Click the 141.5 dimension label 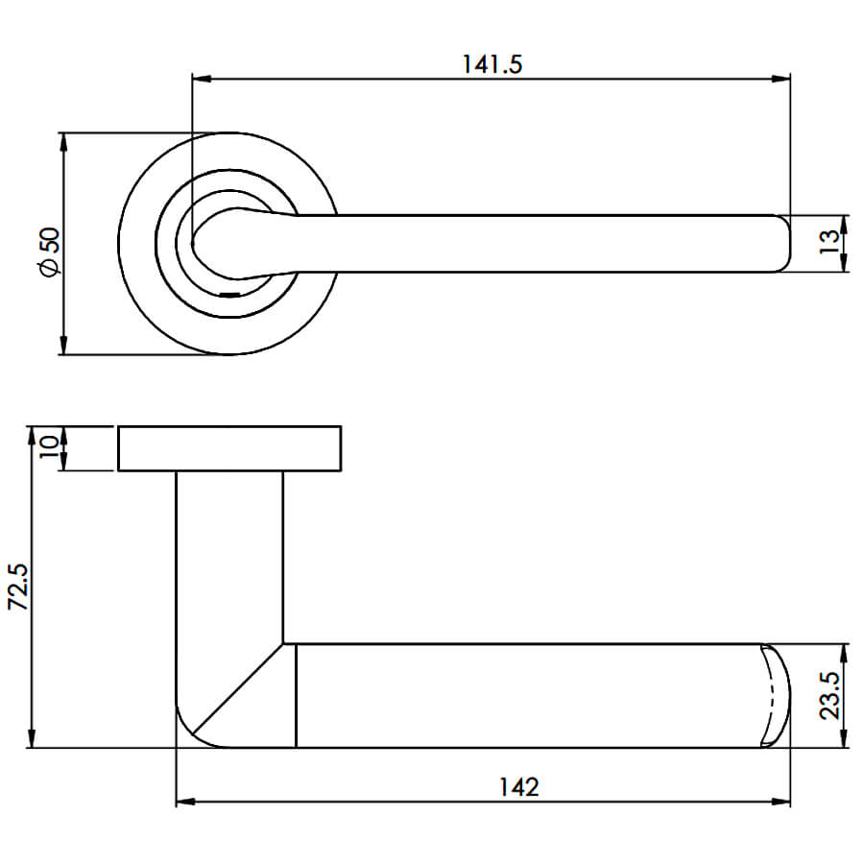point(492,64)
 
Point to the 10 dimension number point(49,447)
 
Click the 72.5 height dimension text point(20,587)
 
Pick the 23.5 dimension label point(830,695)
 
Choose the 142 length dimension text point(519,787)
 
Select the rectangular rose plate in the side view point(229,448)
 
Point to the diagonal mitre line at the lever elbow point(238,688)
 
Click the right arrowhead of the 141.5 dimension point(780,79)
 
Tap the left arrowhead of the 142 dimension point(185,802)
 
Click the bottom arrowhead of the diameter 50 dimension point(63,345)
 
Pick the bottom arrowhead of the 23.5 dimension point(843,738)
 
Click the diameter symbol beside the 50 point(50,269)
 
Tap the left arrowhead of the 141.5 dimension point(202,79)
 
